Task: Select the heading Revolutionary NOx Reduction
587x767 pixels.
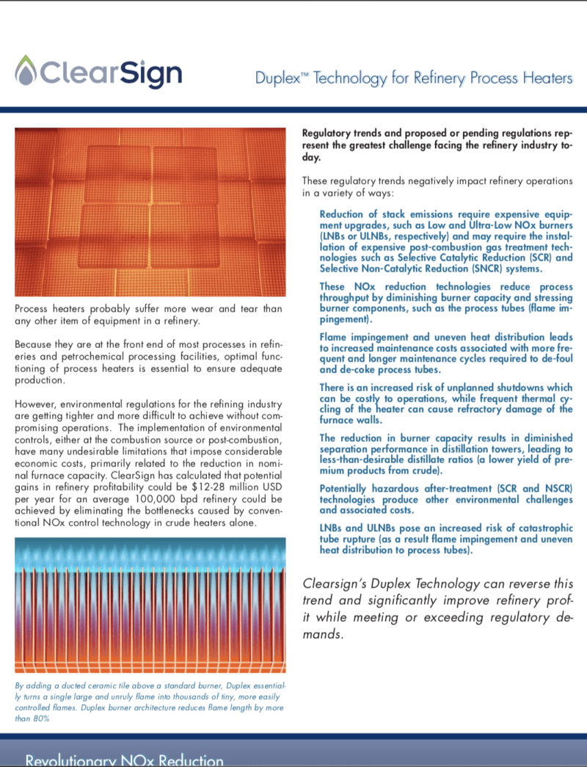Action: point(125,759)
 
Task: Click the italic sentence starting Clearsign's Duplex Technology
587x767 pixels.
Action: point(437,608)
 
